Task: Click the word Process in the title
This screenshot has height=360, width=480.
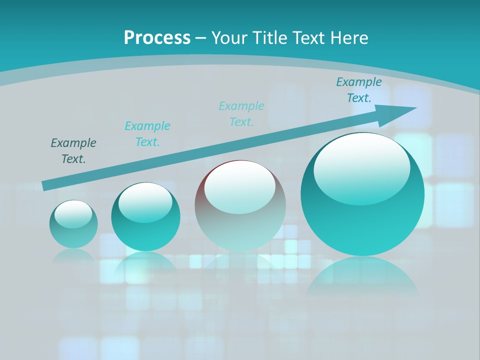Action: click(157, 38)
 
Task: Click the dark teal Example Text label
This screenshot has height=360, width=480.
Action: click(73, 151)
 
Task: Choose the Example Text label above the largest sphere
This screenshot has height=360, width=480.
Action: click(359, 90)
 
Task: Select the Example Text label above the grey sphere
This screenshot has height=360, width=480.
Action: click(241, 114)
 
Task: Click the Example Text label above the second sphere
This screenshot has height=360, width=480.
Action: click(147, 134)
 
